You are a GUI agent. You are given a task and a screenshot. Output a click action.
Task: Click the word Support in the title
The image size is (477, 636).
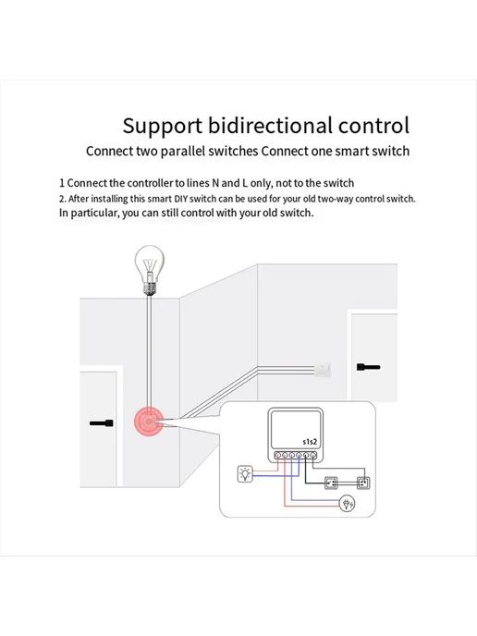click(x=163, y=127)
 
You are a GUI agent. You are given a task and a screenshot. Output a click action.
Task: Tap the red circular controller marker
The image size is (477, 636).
click(x=149, y=422)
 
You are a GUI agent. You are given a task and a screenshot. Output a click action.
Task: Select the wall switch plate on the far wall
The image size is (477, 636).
click(x=323, y=370)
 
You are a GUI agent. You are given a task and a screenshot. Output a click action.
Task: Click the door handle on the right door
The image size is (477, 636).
click(x=368, y=367)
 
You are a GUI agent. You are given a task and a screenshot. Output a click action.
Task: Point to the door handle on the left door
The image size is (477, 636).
click(x=102, y=423)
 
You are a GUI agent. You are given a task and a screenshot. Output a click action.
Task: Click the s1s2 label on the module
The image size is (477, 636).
click(x=310, y=442)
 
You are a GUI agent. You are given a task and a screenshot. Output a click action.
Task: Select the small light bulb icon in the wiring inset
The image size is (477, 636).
click(x=245, y=473)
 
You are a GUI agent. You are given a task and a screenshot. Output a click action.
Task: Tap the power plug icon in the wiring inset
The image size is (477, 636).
click(x=348, y=504)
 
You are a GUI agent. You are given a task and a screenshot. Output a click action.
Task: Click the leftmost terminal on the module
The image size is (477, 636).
click(x=278, y=456)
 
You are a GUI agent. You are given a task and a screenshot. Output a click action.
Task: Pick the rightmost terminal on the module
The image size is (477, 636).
click(x=312, y=456)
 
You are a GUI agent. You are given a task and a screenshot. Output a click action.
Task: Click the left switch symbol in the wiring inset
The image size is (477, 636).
click(x=331, y=483)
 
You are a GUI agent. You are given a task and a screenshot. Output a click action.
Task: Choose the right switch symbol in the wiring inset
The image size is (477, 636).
click(x=363, y=483)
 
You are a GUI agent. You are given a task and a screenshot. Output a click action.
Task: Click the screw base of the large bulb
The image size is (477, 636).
click(x=150, y=288)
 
